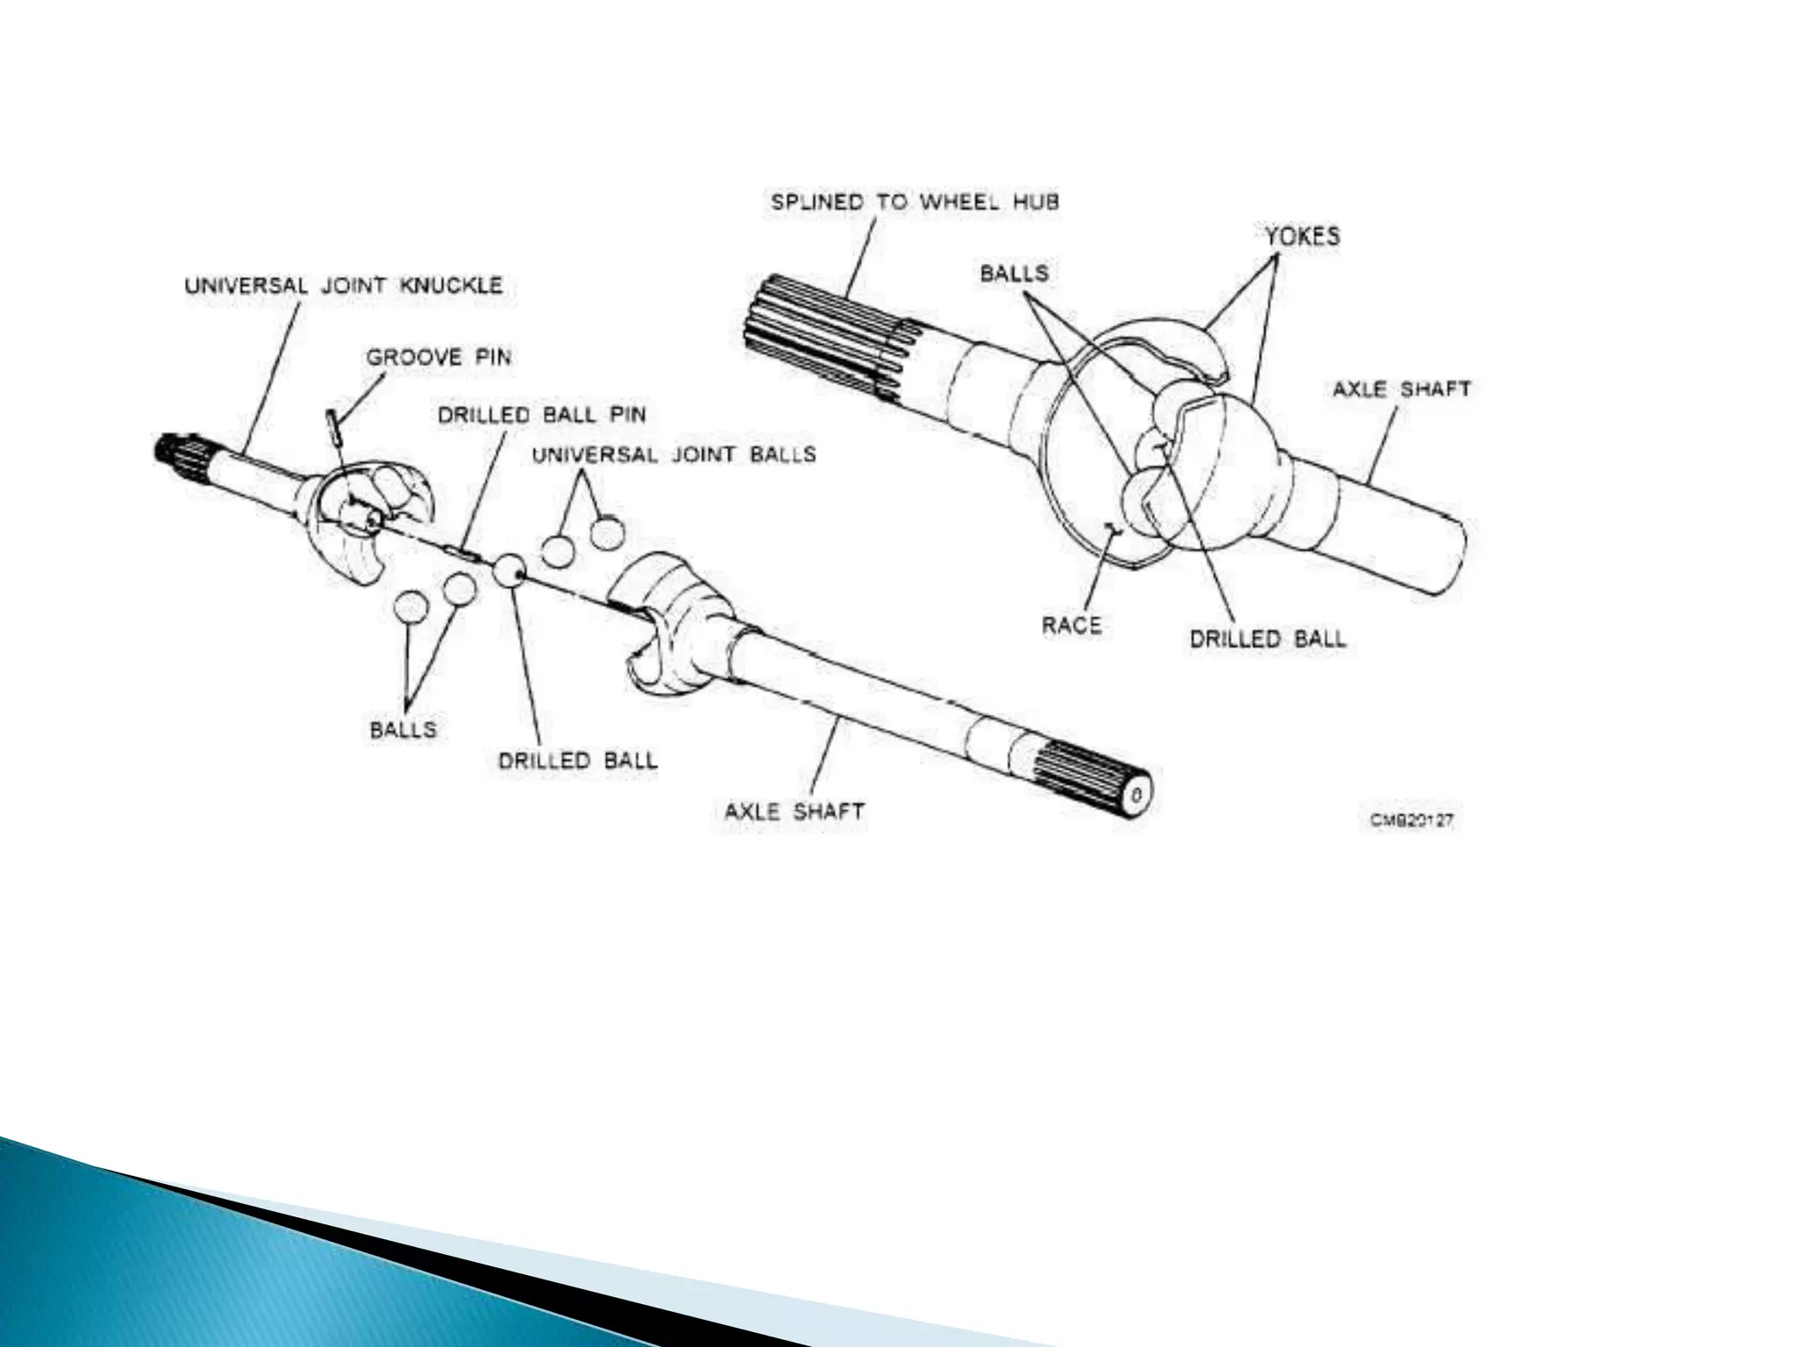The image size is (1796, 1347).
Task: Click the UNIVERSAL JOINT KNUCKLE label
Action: (x=344, y=286)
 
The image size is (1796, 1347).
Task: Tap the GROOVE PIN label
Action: (x=438, y=358)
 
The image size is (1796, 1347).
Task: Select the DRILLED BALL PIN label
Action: (x=542, y=415)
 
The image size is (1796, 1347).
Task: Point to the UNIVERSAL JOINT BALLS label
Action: (x=673, y=454)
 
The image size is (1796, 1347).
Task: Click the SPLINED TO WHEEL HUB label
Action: (x=915, y=202)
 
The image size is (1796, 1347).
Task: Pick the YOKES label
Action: (x=1301, y=236)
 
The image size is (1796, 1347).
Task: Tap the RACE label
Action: (x=1071, y=625)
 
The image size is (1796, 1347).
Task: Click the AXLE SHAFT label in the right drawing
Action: (x=1400, y=388)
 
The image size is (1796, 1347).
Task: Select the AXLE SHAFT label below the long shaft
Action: (x=795, y=811)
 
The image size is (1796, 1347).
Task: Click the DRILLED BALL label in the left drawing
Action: (x=577, y=760)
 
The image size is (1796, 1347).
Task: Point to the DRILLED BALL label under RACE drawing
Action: (x=1267, y=639)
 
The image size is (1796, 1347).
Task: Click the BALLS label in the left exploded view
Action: (x=403, y=730)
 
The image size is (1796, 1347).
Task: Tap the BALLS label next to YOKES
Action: (x=1014, y=273)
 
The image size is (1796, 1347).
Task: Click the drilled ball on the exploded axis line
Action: (x=510, y=571)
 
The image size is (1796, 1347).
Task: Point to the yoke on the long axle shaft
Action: (x=671, y=614)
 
